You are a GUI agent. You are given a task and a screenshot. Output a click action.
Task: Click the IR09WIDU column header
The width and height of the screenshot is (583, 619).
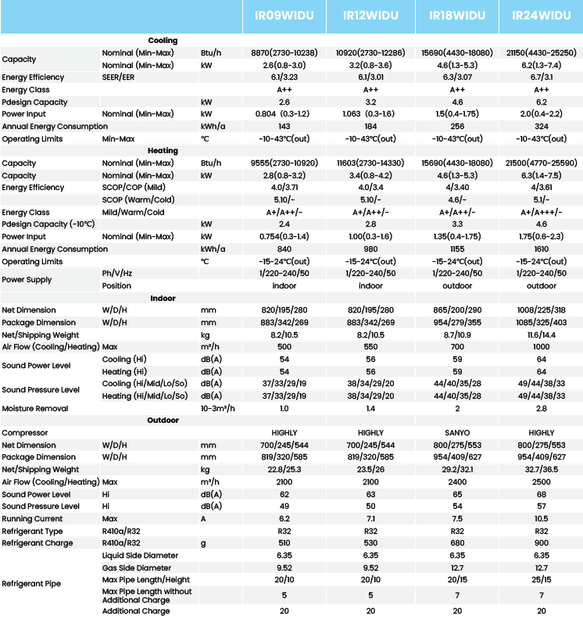click(x=284, y=16)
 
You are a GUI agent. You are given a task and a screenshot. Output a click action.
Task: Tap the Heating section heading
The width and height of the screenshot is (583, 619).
click(x=163, y=151)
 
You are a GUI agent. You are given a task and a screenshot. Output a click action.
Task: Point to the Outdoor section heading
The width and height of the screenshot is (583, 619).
click(x=163, y=420)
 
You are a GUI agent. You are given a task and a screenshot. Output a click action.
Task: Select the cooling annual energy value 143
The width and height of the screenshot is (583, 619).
click(x=284, y=127)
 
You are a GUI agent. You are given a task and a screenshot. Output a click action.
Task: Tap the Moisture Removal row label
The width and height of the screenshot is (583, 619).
click(x=34, y=409)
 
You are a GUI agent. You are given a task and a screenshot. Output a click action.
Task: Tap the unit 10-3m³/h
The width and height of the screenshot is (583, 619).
click(x=218, y=409)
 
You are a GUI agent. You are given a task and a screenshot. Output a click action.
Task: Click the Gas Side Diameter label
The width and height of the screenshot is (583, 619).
click(x=137, y=567)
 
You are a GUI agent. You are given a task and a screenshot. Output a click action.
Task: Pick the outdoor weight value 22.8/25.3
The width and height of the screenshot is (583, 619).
click(x=284, y=470)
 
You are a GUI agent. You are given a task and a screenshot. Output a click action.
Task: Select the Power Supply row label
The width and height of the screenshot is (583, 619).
click(x=27, y=280)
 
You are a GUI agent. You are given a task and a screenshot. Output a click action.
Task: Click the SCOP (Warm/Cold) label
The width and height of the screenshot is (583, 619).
click(x=139, y=200)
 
